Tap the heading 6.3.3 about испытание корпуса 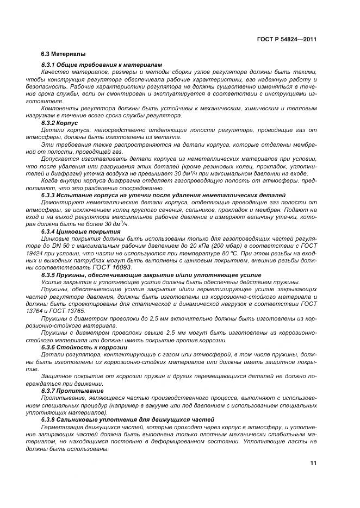(164, 195)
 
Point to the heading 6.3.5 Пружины (151, 275)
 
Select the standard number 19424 (50, 253)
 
